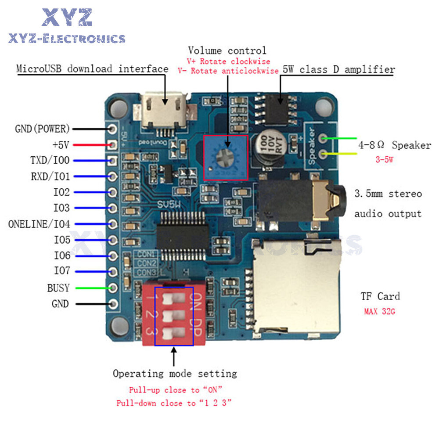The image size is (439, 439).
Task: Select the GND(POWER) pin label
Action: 42,129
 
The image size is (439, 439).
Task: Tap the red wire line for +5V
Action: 90,144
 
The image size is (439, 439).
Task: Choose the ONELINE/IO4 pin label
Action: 39,224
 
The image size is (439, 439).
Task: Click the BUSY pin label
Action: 58,288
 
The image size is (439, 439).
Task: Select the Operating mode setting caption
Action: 175,374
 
